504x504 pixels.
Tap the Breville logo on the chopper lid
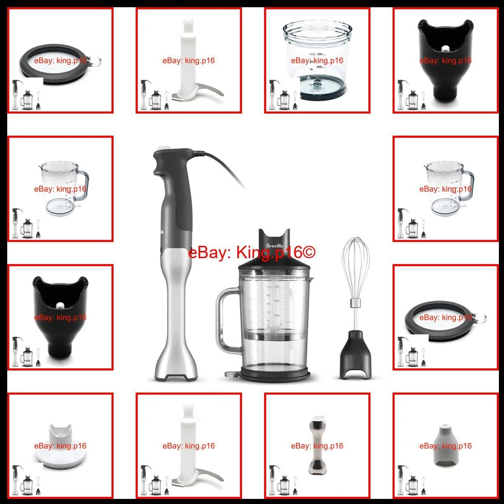tap(273, 245)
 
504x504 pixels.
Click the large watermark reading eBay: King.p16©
tap(252, 253)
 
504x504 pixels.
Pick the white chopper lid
tap(60, 447)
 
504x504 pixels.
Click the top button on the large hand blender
tap(162, 148)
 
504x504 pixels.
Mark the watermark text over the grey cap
tap(445, 446)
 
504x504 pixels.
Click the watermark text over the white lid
tap(60, 446)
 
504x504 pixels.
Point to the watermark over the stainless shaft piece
tap(317, 446)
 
